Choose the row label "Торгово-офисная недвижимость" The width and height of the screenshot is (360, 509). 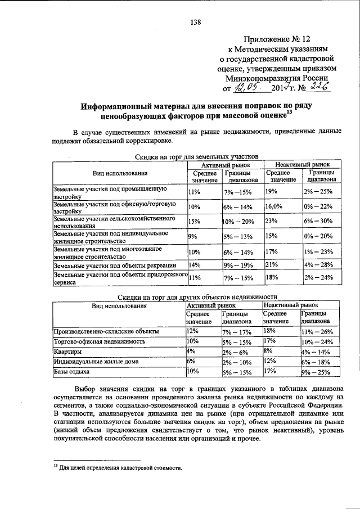click(x=100, y=341)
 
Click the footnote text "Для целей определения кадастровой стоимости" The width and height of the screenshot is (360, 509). click(x=121, y=467)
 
